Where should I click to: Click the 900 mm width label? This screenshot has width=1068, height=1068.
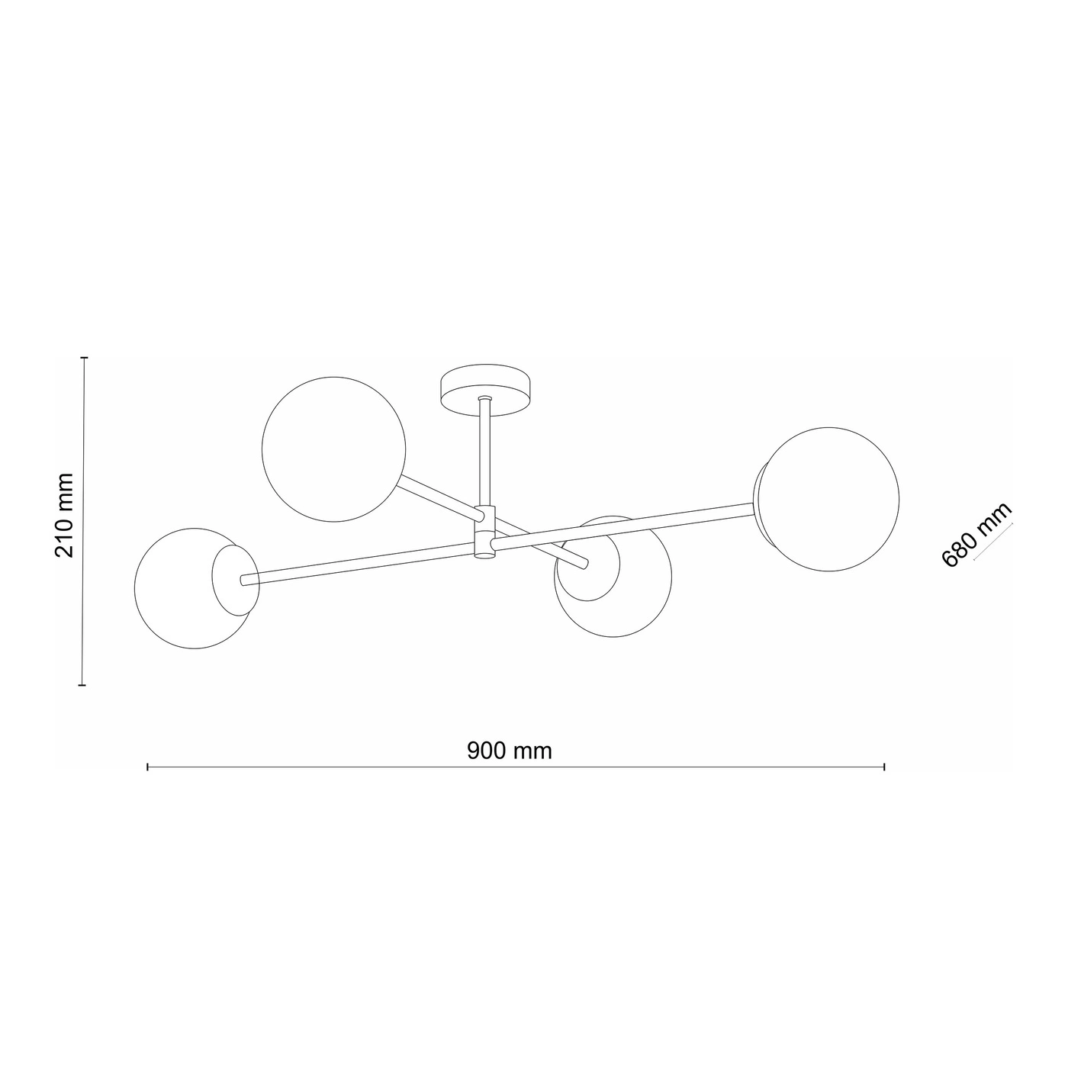(510, 751)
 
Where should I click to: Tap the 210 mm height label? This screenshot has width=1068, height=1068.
(64, 515)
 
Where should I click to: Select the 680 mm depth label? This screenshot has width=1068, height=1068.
(976, 534)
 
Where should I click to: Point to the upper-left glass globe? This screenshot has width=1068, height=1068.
(333, 449)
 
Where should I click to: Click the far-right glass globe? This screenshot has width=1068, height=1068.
(829, 499)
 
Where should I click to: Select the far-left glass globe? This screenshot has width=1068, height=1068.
(195, 588)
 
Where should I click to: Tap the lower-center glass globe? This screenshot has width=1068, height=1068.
(613, 577)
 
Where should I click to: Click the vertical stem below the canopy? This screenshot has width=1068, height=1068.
(485, 451)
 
